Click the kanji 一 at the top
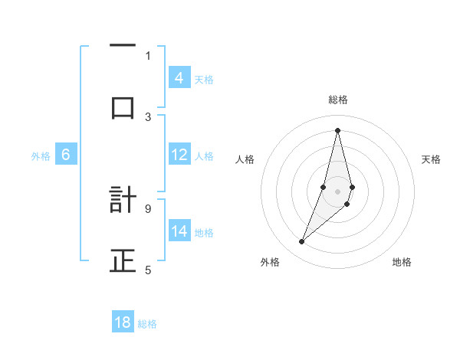pos(123,47)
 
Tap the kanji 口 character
pos(123,108)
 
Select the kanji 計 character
pos(123,200)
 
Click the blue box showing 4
pos(179,77)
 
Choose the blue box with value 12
pos(179,155)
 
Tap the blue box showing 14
pos(179,231)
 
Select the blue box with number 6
pos(66,155)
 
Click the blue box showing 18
pos(123,322)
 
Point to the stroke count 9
pos(148,208)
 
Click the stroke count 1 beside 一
pos(148,54)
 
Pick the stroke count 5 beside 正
pos(148,269)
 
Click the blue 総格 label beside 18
pos(147,324)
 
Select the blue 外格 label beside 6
pos(41,156)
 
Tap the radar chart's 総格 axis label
pos(338,100)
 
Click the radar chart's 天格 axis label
pos(432,159)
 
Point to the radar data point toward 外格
pos(301,242)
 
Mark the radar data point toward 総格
pos(338,129)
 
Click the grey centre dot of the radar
pos(338,191)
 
